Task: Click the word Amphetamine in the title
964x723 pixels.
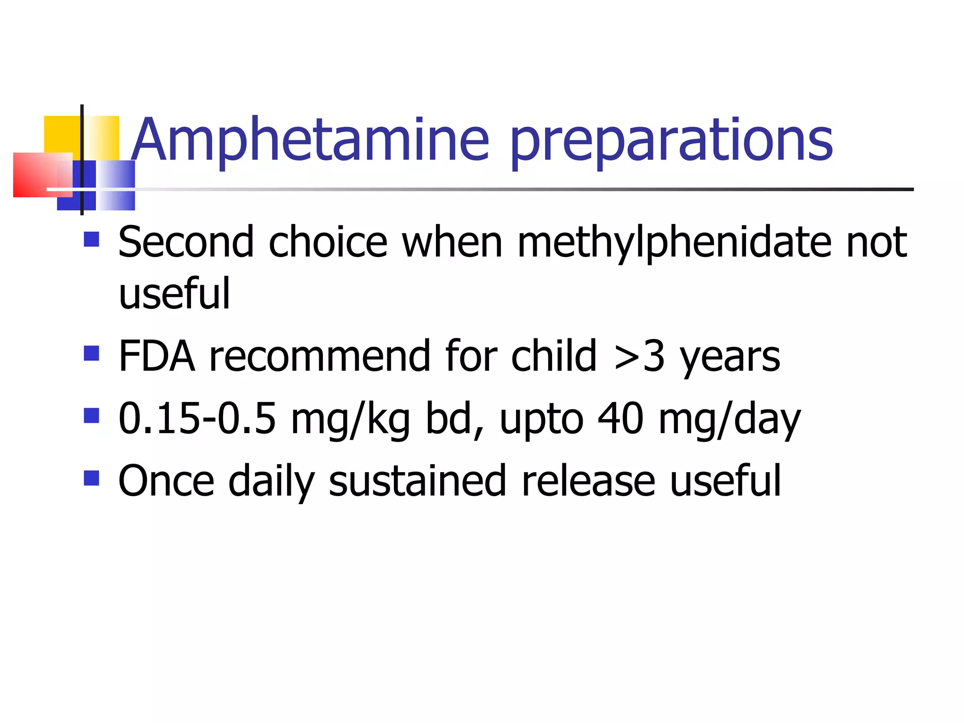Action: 311,140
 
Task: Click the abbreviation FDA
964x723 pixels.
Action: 157,356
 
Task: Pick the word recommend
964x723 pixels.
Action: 320,356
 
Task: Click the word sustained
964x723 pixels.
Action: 418,481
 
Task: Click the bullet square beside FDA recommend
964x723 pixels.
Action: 91,353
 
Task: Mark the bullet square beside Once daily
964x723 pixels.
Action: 91,478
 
